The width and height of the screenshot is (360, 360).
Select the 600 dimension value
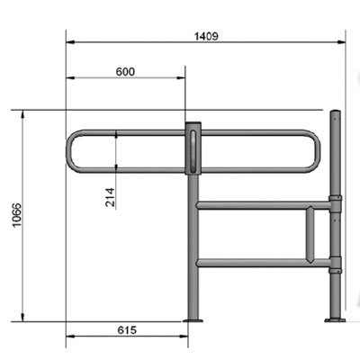click(x=127, y=71)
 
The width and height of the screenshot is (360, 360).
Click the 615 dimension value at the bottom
click(x=126, y=331)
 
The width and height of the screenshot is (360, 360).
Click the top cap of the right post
click(x=337, y=112)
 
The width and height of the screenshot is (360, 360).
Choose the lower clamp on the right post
click(x=336, y=264)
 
